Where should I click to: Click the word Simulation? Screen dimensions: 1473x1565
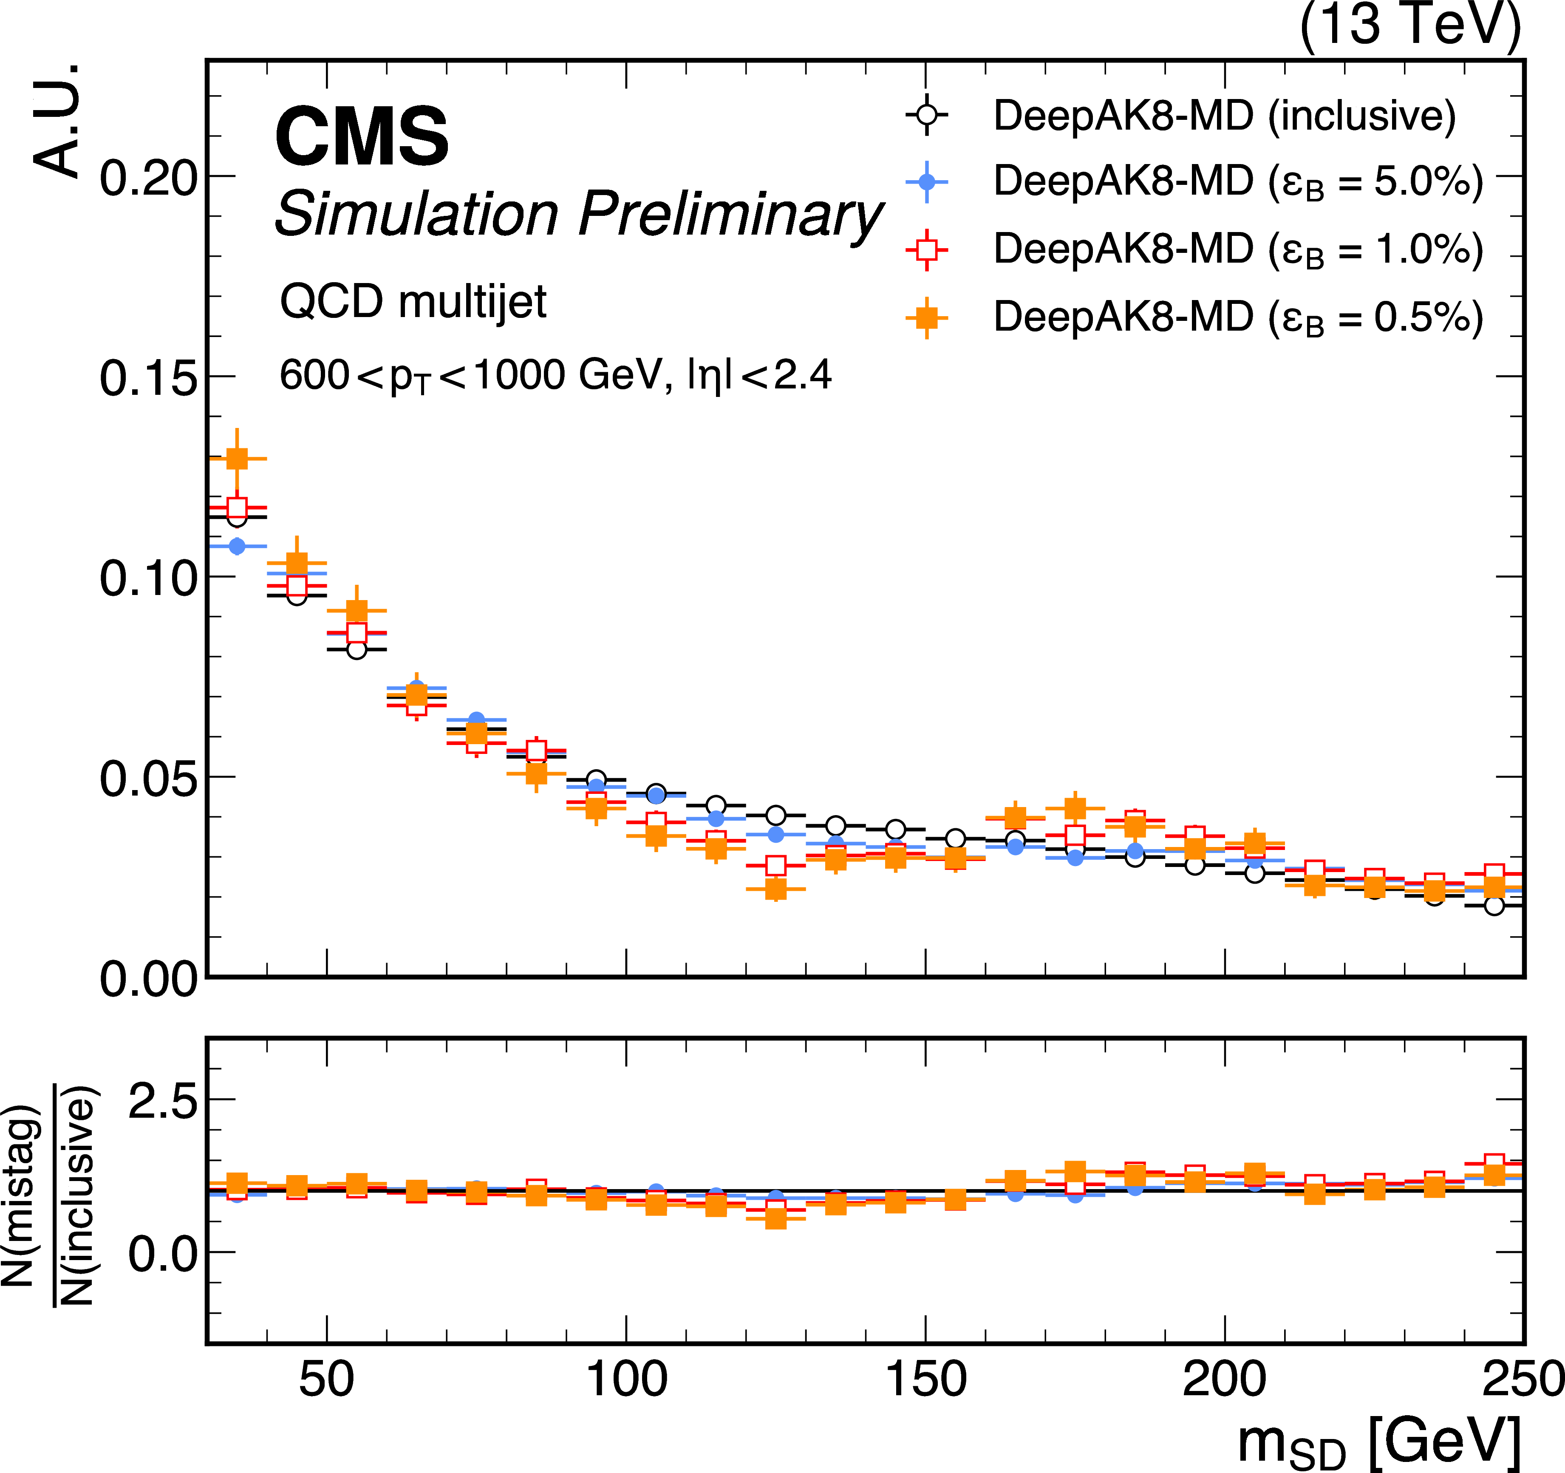416,214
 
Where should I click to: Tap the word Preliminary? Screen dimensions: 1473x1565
730,214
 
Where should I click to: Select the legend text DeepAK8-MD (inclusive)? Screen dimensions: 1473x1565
1224,116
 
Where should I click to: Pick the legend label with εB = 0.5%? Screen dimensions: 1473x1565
1237,317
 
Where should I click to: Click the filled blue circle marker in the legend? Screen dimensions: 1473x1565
927,182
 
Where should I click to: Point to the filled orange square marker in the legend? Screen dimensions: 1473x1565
927,318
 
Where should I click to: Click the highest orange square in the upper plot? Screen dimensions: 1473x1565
237,458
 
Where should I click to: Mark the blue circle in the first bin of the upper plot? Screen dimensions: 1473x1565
237,546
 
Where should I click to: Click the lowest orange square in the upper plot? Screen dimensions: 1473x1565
775,889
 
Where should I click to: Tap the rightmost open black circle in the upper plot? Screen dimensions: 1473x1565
1493,905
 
